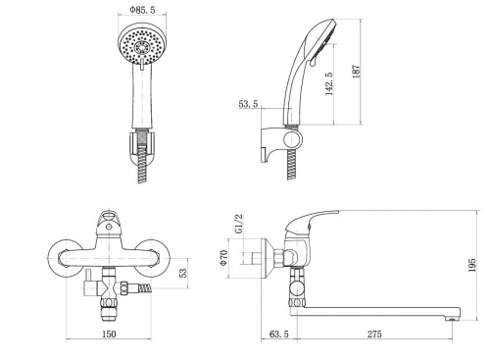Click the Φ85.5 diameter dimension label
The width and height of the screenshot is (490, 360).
pyautogui.click(x=142, y=10)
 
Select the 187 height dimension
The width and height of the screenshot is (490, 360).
pyautogui.click(x=356, y=72)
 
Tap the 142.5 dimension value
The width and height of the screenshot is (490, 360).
pyautogui.click(x=329, y=84)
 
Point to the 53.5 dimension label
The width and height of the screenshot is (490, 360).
pyautogui.click(x=248, y=104)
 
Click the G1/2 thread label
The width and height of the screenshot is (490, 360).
pyautogui.click(x=239, y=224)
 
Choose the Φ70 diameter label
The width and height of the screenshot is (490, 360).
pyautogui.click(x=223, y=258)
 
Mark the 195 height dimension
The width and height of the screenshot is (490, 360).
pyautogui.click(x=472, y=265)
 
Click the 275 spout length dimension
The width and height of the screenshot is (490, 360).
pyautogui.click(x=374, y=334)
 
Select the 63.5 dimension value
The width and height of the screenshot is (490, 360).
pyautogui.click(x=279, y=334)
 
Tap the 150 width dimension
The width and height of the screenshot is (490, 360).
pyautogui.click(x=109, y=334)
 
